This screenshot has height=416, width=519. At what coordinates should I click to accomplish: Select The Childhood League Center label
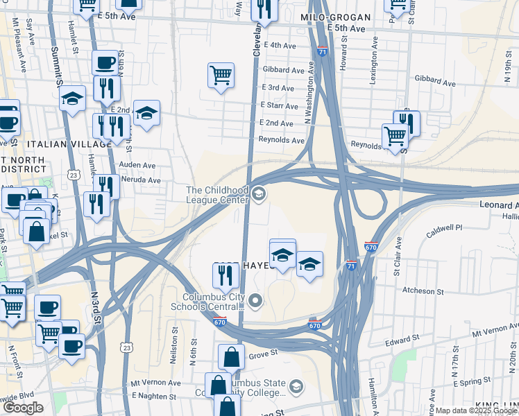pyautogui.click(x=217, y=195)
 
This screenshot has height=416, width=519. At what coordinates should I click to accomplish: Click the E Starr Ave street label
pyautogui.click(x=279, y=105)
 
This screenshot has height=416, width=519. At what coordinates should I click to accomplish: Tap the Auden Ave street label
pyautogui.click(x=139, y=166)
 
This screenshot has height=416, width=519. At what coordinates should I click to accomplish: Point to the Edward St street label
pyautogui.click(x=399, y=340)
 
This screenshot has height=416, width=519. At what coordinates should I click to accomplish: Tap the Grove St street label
pyautogui.click(x=263, y=353)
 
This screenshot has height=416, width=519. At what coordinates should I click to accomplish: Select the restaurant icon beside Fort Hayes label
pyautogui.click(x=226, y=276)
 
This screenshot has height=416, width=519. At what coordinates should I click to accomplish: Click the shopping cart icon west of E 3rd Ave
pyautogui.click(x=221, y=76)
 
